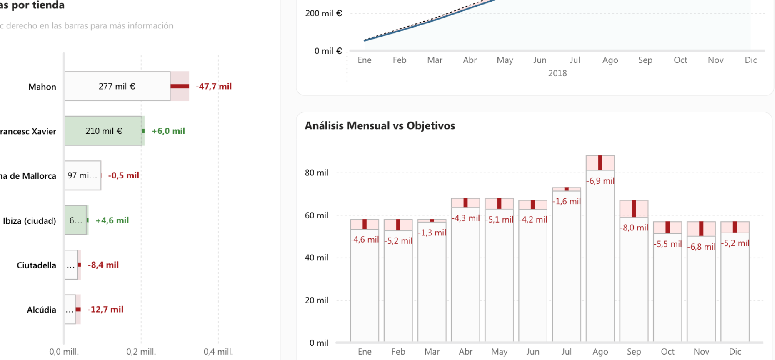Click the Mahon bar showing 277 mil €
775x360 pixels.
coord(117,86)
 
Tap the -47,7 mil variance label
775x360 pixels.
coord(213,86)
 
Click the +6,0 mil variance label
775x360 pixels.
coord(168,131)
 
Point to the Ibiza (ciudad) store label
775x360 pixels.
coord(29,221)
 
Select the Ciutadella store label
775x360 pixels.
coord(36,265)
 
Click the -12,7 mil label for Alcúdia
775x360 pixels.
coord(105,309)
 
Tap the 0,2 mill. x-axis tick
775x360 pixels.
coord(141,352)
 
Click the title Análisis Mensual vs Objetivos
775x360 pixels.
coord(380,125)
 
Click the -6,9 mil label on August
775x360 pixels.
coord(600,181)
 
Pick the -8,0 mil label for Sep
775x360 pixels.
coord(634,227)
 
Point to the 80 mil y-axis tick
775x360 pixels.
coord(316,172)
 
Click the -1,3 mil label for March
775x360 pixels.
coord(432,232)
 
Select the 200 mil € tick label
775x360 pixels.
coord(323,13)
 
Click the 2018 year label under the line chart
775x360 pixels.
coord(557,73)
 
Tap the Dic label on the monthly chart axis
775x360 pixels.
coord(735,352)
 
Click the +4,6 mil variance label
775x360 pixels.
coord(112,220)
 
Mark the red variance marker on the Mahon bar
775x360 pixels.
coord(180,86)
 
